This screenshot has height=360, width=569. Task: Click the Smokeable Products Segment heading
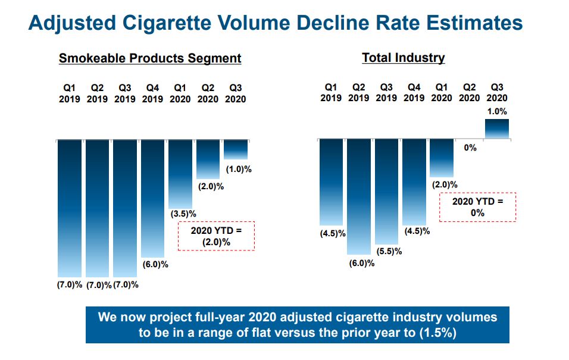click(149, 58)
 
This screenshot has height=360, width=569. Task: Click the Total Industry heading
click(403, 58)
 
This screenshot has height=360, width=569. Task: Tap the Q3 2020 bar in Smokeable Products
click(236, 149)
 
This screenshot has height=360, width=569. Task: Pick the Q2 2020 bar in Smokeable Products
click(208, 159)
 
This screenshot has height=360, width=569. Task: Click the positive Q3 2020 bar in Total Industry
click(497, 129)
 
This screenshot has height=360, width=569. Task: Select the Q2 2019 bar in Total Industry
click(359, 196)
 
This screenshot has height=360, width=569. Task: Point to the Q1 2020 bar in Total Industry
click(442, 158)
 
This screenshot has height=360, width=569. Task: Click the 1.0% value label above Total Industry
click(497, 111)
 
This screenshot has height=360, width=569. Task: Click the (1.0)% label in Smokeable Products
click(239, 169)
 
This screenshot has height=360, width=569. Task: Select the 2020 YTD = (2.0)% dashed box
click(215, 236)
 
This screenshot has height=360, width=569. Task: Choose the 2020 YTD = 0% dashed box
click(477, 207)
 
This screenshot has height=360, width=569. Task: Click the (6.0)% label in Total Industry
click(361, 263)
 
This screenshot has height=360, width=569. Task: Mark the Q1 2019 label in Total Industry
click(331, 92)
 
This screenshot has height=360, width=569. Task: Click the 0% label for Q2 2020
click(470, 148)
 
